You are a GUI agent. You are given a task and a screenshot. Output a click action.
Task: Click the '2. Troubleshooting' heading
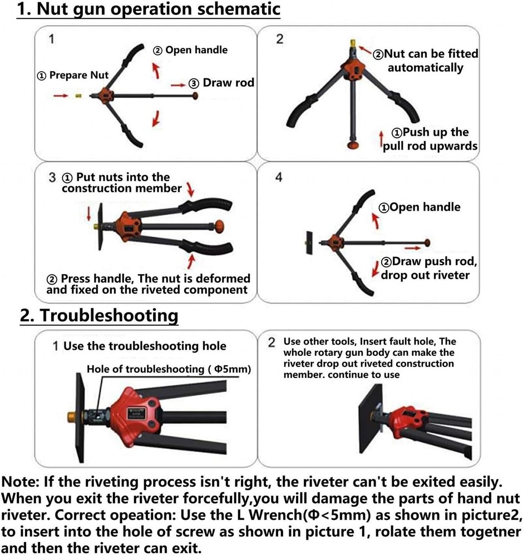(x=99, y=315)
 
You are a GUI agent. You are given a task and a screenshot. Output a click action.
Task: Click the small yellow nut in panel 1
(x=79, y=96)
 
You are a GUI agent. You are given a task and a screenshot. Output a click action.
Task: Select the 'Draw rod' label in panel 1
(x=228, y=83)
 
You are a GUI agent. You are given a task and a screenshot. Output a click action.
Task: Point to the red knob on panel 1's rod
(x=195, y=96)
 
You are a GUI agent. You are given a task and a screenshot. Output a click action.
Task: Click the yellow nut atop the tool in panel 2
(x=352, y=43)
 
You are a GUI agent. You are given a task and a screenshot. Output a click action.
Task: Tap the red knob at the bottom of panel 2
(x=352, y=145)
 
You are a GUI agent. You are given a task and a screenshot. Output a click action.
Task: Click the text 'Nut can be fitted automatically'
(x=426, y=61)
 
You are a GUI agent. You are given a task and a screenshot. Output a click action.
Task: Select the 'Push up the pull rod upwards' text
(x=430, y=139)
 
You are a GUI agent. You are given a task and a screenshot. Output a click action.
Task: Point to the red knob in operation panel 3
(x=220, y=227)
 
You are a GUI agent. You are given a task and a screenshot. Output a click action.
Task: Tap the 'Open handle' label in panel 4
(x=420, y=207)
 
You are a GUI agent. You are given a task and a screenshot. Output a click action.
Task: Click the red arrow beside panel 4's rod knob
(x=412, y=245)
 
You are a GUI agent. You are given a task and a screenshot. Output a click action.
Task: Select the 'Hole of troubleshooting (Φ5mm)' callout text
(x=169, y=369)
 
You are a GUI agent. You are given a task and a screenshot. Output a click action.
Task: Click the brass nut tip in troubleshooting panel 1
(x=71, y=415)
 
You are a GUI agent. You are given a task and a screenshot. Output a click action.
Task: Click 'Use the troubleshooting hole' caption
(x=145, y=346)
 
